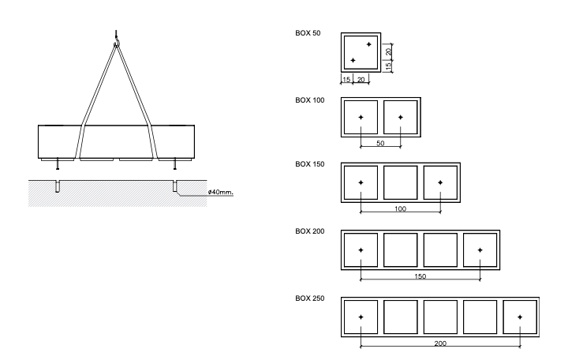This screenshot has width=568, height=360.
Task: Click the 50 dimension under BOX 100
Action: tap(381, 144)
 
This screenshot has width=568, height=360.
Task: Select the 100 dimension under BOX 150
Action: tap(401, 211)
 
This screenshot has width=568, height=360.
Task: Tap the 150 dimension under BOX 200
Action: tap(420, 277)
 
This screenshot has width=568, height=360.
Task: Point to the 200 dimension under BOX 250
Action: tap(440, 343)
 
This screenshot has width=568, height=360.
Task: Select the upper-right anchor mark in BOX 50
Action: tap(368, 44)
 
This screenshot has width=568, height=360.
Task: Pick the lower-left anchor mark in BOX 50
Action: tap(353, 61)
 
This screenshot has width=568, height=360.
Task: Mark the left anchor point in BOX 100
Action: tap(361, 118)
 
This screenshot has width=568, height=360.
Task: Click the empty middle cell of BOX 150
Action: tap(401, 182)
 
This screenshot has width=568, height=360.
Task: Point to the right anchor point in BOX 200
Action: tap(480, 249)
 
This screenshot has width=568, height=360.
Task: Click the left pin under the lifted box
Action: tap(58, 164)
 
